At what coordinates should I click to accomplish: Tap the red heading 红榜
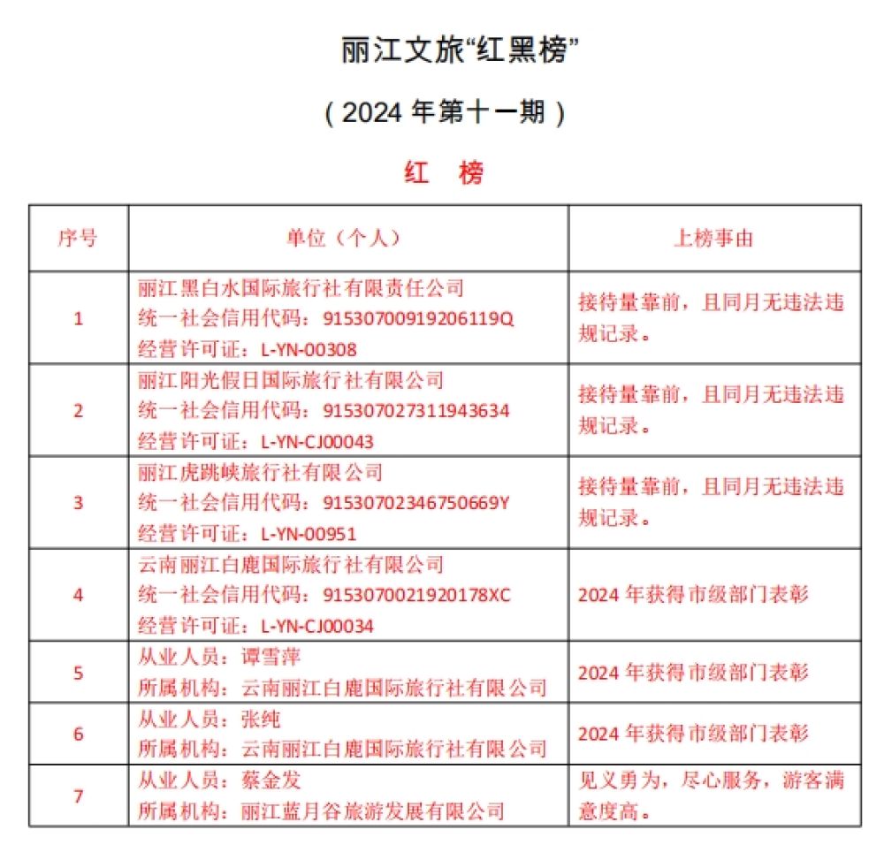445,173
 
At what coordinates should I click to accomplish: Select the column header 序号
79,239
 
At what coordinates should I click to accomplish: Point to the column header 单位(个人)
347,239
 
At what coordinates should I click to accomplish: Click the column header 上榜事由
714,239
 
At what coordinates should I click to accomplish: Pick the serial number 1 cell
79,318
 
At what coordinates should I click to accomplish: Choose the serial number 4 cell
79,595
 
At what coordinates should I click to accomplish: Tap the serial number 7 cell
79,796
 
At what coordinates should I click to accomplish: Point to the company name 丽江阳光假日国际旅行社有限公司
291,380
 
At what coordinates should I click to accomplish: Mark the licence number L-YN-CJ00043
317,442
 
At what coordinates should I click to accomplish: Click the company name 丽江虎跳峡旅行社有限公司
261,472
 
